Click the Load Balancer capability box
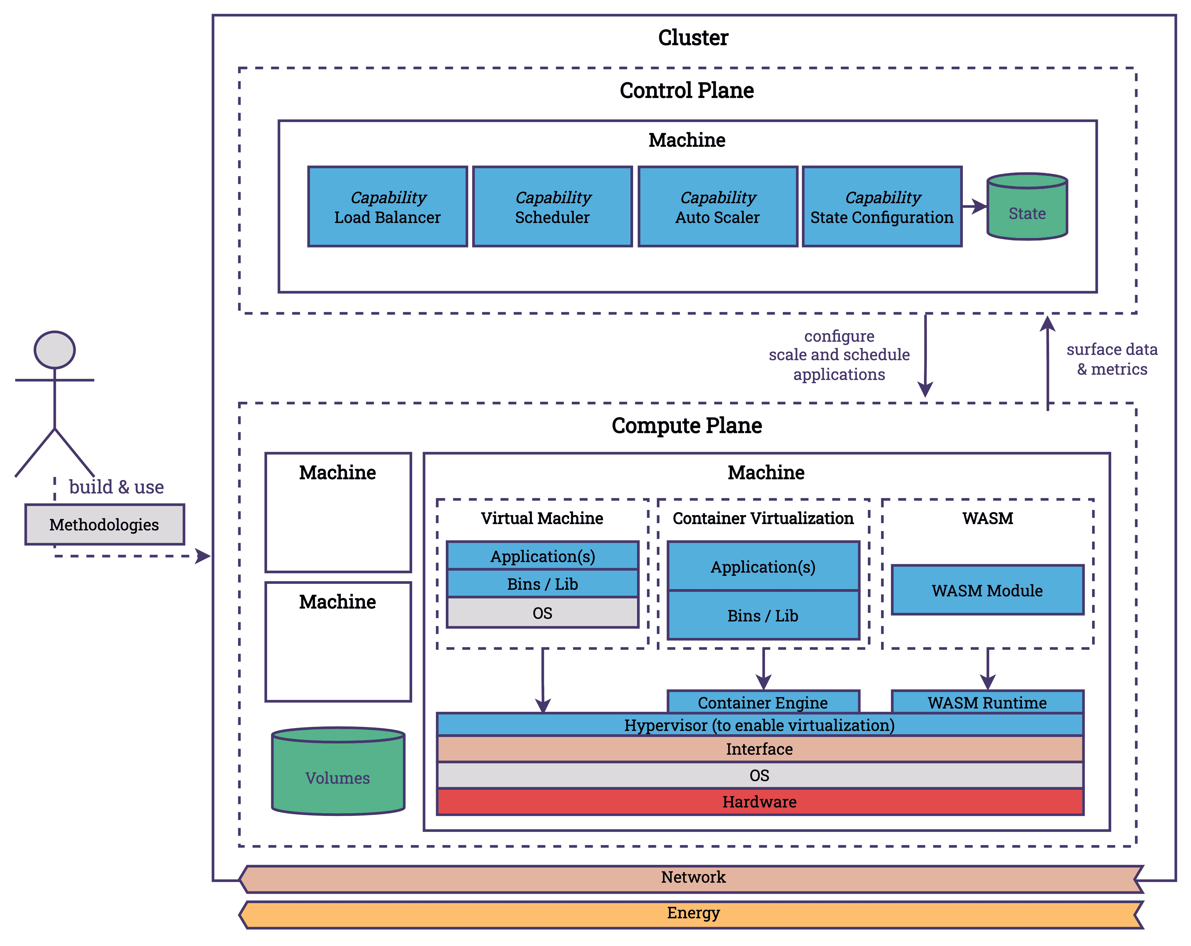click(387, 207)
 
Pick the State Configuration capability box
click(882, 207)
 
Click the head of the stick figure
click(55, 350)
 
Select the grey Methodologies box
click(104, 524)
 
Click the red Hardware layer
click(759, 802)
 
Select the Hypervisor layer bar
click(759, 725)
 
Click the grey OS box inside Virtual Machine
click(542, 613)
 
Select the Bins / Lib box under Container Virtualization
click(763, 616)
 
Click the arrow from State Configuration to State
click(974, 207)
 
